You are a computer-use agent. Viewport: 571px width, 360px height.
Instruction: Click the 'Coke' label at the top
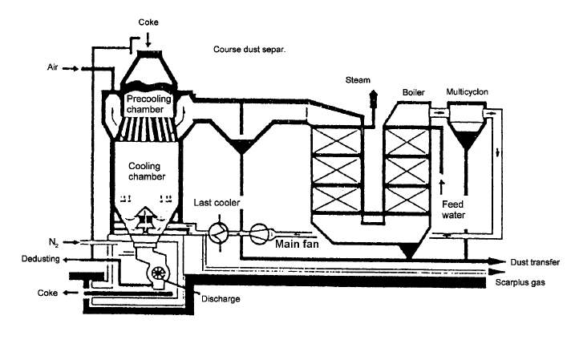[148, 22]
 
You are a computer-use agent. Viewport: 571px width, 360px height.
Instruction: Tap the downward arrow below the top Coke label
[148, 40]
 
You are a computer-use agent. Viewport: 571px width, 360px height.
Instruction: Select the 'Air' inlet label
[52, 67]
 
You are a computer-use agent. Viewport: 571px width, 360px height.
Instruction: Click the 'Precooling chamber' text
[148, 104]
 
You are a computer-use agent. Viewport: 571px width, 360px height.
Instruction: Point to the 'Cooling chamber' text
[147, 172]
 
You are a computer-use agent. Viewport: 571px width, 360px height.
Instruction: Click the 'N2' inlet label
[54, 242]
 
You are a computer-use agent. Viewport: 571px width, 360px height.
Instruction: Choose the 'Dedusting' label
[40, 259]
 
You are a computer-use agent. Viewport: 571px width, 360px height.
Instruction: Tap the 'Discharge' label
[221, 299]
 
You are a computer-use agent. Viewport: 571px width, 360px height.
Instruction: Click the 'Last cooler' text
[217, 203]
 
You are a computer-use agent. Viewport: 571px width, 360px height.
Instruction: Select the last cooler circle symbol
[218, 233]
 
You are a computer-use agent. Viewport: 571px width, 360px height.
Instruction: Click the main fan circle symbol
[259, 233]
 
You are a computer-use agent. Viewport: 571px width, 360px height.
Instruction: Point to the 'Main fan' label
[297, 244]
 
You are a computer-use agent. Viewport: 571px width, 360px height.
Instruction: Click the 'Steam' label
[358, 80]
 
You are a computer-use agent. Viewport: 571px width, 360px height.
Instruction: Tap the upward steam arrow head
[373, 93]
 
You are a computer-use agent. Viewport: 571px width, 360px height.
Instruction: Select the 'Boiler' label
[414, 92]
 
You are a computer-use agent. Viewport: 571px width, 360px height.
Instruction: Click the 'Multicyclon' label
[468, 91]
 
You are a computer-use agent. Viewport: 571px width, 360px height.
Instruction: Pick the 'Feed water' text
[453, 210]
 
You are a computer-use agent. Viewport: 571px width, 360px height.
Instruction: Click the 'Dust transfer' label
[535, 262]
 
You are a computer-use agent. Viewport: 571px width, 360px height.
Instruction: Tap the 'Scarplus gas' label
[520, 282]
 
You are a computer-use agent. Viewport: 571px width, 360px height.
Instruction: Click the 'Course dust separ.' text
[249, 50]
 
